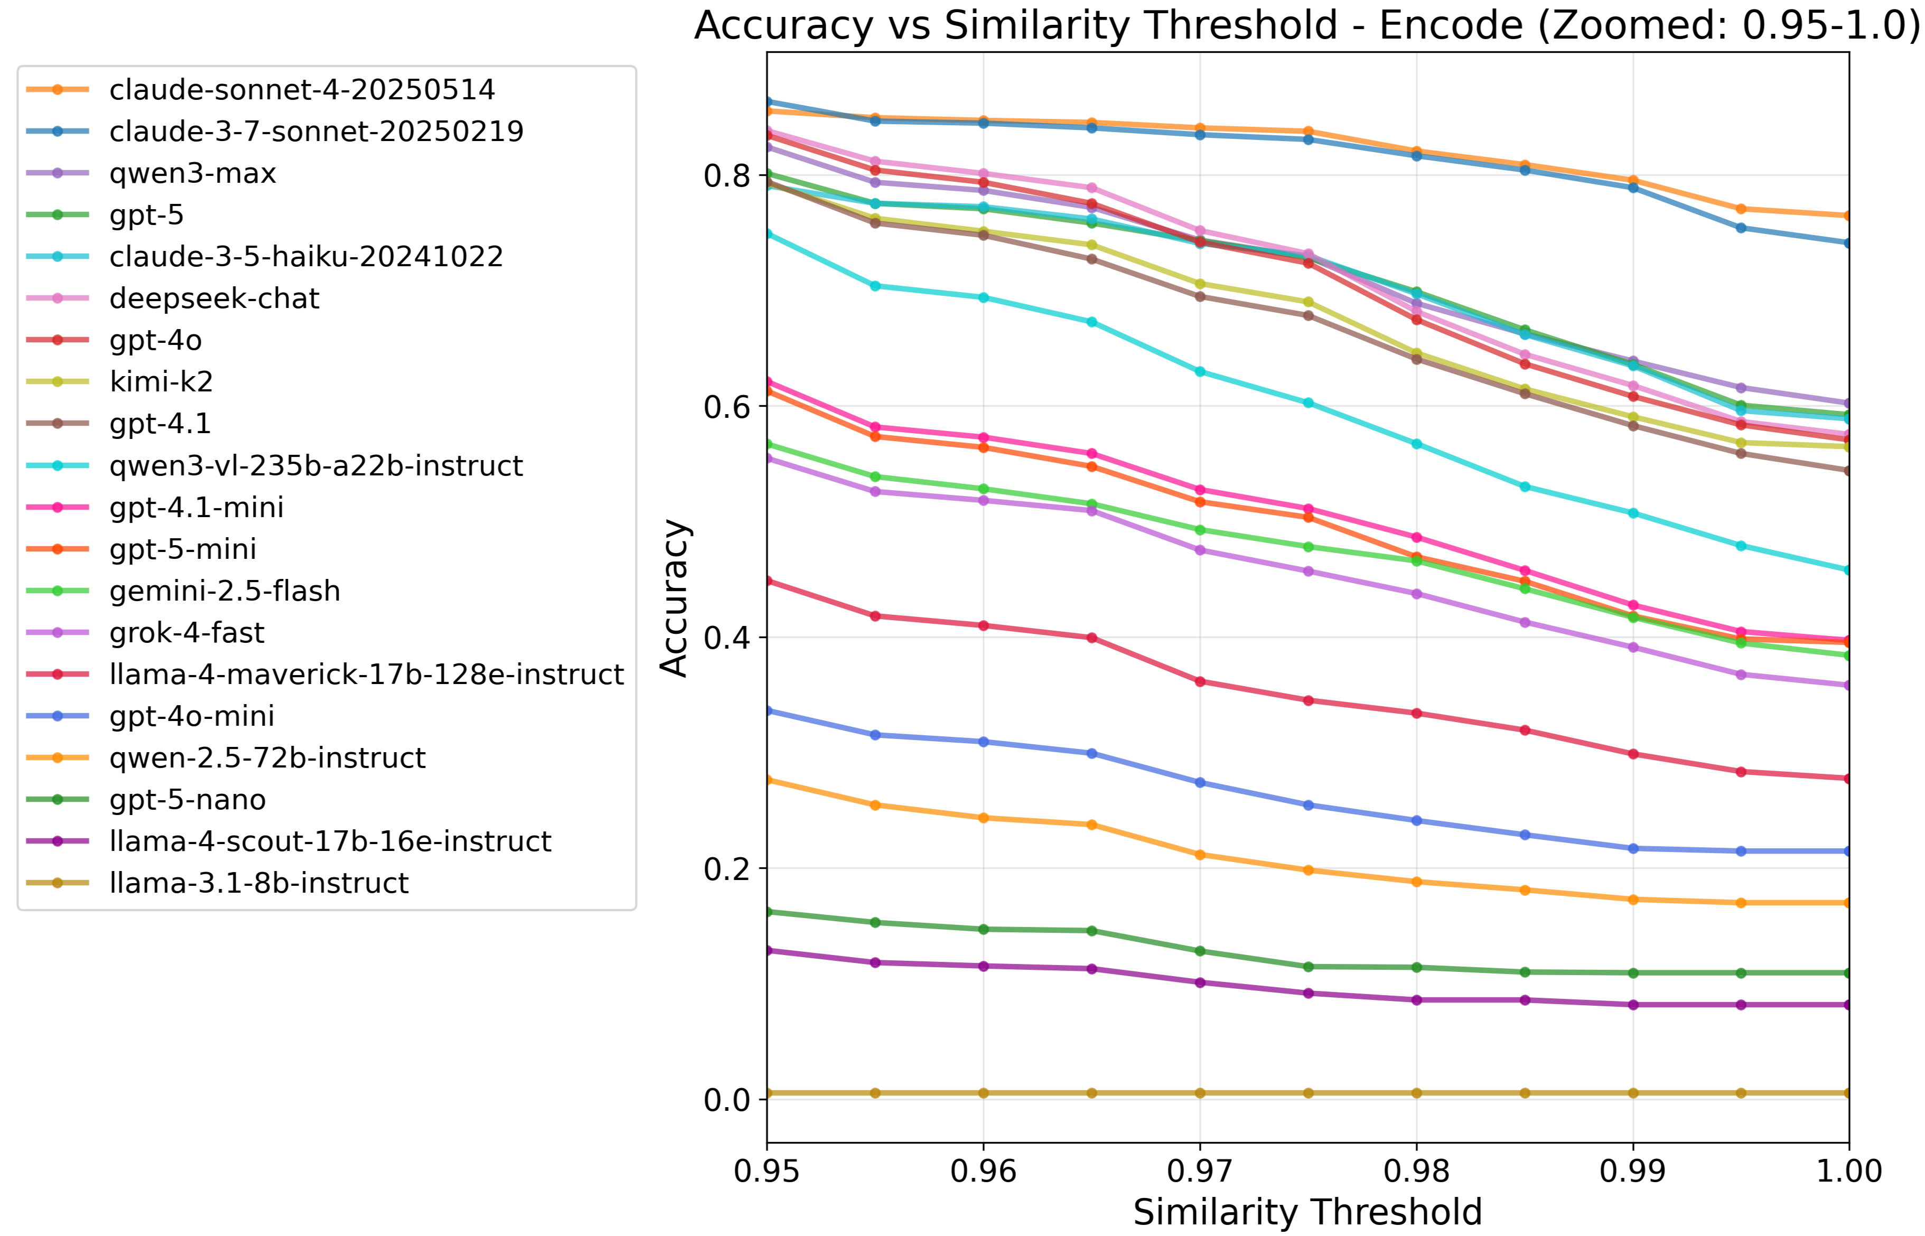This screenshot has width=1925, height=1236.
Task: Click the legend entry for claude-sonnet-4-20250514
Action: (x=302, y=90)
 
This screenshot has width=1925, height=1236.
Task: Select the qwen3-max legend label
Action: (x=193, y=173)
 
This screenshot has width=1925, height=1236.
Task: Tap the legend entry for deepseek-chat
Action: (x=214, y=298)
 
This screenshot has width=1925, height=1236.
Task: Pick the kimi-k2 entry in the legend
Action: (x=161, y=382)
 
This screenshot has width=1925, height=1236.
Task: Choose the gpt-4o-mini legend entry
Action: (x=192, y=716)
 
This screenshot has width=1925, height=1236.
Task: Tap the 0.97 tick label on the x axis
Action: (x=1199, y=1172)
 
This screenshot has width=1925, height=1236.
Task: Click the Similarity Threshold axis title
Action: (x=1307, y=1212)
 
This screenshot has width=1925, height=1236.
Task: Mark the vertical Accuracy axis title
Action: (x=674, y=598)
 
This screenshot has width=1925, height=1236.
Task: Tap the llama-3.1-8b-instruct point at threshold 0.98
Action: (x=1416, y=1093)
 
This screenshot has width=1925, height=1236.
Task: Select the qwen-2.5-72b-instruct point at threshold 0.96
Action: (x=984, y=818)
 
